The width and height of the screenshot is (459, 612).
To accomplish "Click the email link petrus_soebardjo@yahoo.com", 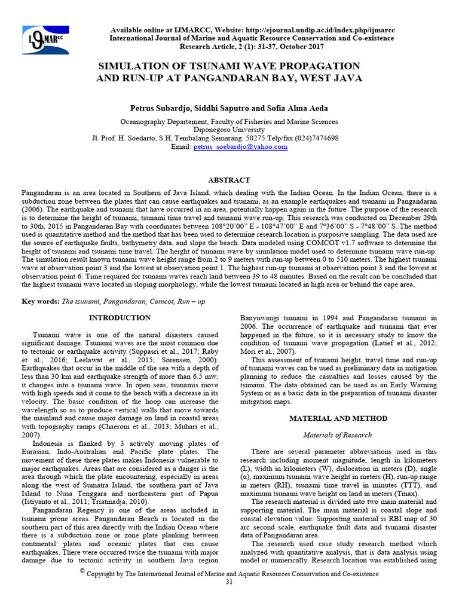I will (240, 146).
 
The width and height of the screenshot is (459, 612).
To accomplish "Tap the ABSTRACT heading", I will (229, 180).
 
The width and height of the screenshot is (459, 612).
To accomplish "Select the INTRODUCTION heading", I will (120, 318).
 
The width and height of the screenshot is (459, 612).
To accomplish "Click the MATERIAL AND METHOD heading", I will (338, 419).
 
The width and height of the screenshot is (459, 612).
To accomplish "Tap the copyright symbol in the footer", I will (82, 571).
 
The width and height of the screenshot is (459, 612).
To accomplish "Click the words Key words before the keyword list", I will (40, 302).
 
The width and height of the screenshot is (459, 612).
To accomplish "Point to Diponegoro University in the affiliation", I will (229, 129).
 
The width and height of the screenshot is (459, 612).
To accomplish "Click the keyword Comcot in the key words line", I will (159, 302).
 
